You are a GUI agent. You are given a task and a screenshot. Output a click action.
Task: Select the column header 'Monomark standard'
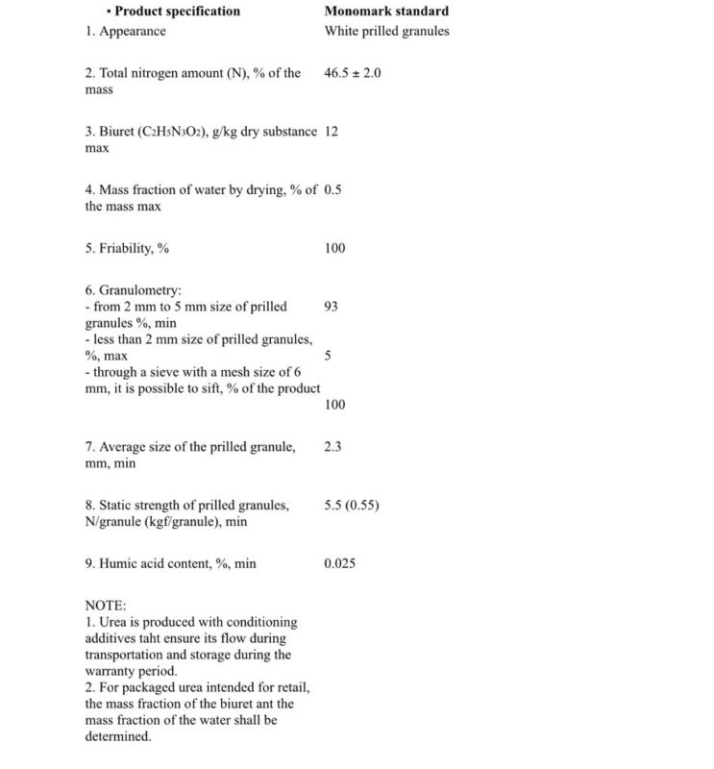pyautogui.click(x=386, y=12)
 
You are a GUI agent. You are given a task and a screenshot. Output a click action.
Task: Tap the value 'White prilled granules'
pyautogui.click(x=386, y=31)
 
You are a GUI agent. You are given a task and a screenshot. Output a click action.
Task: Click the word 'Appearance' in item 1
pyautogui.click(x=133, y=31)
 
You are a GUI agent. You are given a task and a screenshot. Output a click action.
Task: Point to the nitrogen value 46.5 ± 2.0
pyautogui.click(x=354, y=73)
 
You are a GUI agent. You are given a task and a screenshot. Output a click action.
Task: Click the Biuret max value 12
pyautogui.click(x=332, y=131)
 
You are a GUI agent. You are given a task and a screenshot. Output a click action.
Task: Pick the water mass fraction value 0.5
pyautogui.click(x=333, y=189)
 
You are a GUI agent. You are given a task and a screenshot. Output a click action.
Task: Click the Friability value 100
pyautogui.click(x=334, y=248)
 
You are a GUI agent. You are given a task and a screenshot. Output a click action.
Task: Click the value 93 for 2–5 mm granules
pyautogui.click(x=332, y=307)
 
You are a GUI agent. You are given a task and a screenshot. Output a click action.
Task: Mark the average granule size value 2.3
pyautogui.click(x=333, y=446)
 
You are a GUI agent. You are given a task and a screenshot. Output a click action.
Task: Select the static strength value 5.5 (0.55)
pyautogui.click(x=352, y=504)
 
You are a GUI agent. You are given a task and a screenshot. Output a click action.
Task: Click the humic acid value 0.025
pyautogui.click(x=340, y=562)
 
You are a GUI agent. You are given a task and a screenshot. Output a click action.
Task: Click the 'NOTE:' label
pyautogui.click(x=106, y=606)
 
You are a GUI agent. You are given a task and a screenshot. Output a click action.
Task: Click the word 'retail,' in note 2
pyautogui.click(x=289, y=687)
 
